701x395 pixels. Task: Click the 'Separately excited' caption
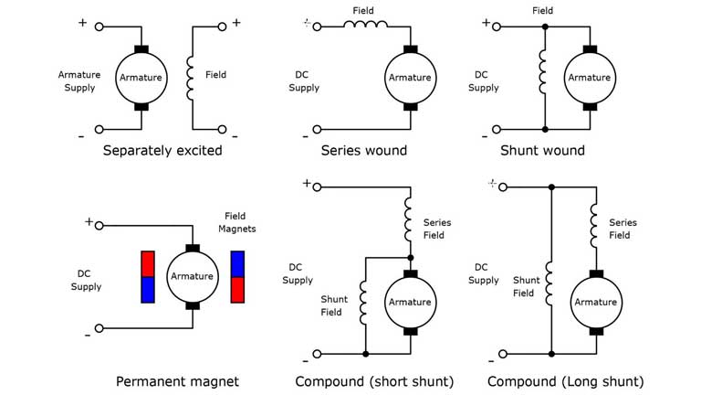tap(162, 150)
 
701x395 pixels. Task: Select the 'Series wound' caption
tap(364, 150)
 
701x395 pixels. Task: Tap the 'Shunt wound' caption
tap(542, 150)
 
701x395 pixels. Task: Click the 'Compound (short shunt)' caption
tap(374, 381)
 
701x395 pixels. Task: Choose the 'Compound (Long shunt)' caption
tap(566, 381)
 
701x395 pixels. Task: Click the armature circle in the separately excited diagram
tap(141, 78)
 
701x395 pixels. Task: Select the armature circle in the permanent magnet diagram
tap(192, 276)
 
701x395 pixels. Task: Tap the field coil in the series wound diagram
tap(363, 27)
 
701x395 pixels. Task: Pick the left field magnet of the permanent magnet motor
tap(149, 276)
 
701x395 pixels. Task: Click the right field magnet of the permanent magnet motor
tap(238, 276)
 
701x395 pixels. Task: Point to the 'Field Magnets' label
tap(241, 222)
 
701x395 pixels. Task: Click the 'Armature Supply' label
tap(79, 80)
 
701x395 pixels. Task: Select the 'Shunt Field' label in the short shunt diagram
tap(333, 305)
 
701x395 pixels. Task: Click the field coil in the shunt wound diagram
tap(544, 77)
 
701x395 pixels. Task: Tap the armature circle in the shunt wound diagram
tap(589, 78)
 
